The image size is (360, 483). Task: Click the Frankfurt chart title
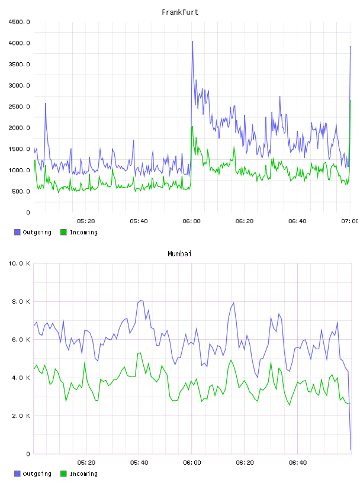[x=180, y=12]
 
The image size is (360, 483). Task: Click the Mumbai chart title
[x=179, y=253]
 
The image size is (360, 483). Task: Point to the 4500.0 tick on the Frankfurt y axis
[x=19, y=22]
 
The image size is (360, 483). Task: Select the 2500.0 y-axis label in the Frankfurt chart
[x=19, y=107]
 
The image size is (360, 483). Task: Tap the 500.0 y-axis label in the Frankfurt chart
[x=21, y=191]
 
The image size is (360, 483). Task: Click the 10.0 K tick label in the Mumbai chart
[x=19, y=263]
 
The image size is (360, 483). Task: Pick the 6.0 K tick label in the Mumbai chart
[x=21, y=339]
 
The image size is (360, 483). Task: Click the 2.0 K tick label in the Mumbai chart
[x=21, y=416]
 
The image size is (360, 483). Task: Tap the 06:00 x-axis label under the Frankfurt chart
[x=191, y=221]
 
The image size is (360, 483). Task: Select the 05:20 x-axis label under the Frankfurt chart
[x=86, y=221]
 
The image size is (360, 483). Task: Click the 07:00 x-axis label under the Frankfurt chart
[x=350, y=221]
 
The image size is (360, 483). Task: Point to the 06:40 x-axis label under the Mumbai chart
[x=298, y=463]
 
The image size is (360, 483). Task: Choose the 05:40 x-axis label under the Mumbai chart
[x=139, y=463]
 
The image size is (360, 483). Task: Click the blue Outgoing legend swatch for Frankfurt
[x=17, y=232]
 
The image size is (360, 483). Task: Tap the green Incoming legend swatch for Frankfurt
[x=63, y=232]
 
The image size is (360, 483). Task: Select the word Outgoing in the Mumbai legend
[x=37, y=474]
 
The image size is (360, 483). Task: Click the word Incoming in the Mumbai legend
[x=83, y=474]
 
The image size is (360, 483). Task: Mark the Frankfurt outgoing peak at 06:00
[x=192, y=41]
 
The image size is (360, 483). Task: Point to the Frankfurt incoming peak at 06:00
[x=192, y=127]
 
